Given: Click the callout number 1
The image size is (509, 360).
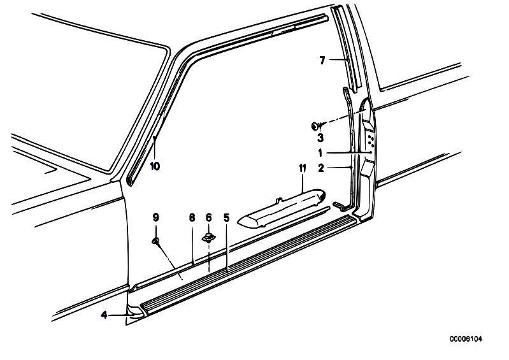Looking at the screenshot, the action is [320, 152].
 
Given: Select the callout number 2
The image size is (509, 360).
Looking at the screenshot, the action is [321, 168].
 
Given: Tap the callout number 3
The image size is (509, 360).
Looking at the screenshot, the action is [320, 138].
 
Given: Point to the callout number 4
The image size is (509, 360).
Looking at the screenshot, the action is [104, 315].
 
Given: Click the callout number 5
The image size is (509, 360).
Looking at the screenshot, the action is [227, 217].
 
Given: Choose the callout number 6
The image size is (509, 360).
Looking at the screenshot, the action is [209, 217].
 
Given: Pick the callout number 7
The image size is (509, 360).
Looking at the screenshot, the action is [322, 60].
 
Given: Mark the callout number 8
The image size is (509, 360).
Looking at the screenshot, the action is [192, 217].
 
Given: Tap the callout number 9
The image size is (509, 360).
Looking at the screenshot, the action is [156, 217].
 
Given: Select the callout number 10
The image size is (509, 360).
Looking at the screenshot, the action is [155, 166].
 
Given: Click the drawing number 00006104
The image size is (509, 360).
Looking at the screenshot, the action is [466, 339].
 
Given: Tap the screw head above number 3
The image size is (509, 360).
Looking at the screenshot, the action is [315, 126].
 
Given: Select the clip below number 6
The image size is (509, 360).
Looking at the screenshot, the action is [208, 238].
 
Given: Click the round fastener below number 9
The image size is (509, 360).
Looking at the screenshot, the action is [155, 241].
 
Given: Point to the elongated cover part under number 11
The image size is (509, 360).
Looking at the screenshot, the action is [282, 208].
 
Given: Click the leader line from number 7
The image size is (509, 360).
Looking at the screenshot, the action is [338, 59].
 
